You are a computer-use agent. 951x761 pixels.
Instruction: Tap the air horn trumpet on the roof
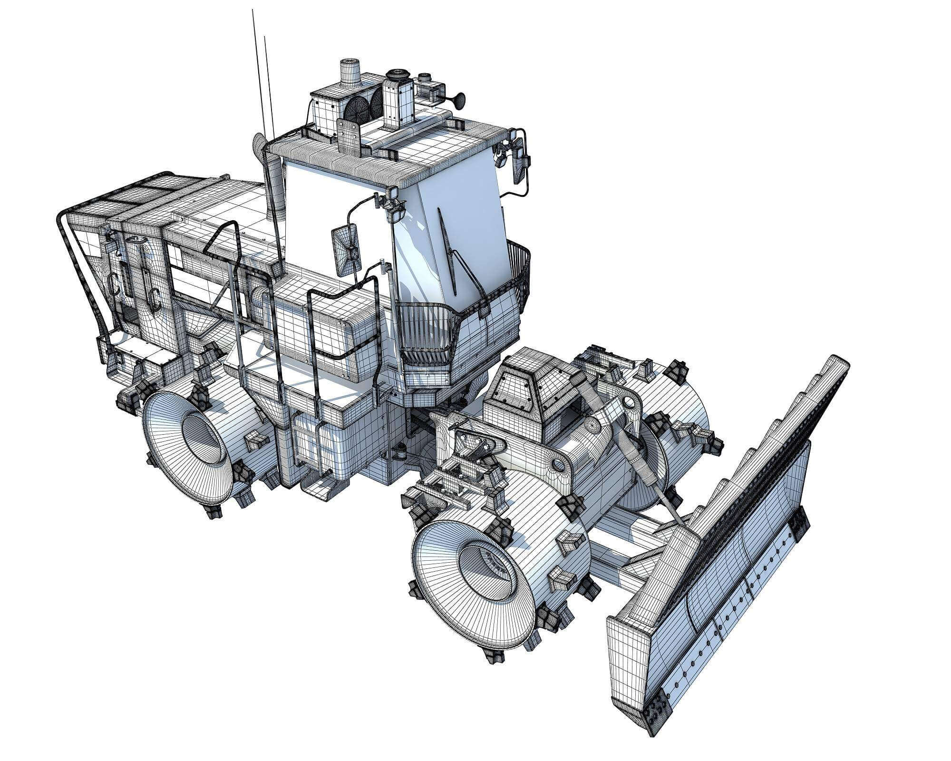point(456,99)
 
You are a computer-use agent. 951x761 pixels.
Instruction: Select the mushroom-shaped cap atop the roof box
point(395,75)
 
